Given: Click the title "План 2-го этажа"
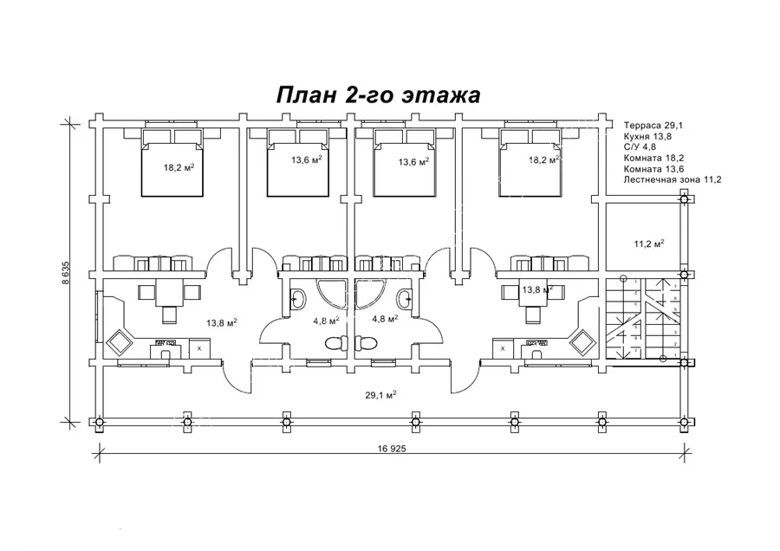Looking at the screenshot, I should coord(377,94).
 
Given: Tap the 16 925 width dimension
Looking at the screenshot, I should coord(392,450).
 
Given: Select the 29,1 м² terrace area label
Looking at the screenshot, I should coord(382,395).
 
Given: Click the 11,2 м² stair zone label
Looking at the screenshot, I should coord(649,244).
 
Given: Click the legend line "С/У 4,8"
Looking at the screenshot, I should coord(640,148).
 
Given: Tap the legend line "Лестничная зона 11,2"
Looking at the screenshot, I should coord(673,179).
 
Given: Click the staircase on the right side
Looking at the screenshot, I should coord(640,320).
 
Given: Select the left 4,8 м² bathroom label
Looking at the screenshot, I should coord(326,319).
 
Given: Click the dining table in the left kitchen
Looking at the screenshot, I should coord(170,293).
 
